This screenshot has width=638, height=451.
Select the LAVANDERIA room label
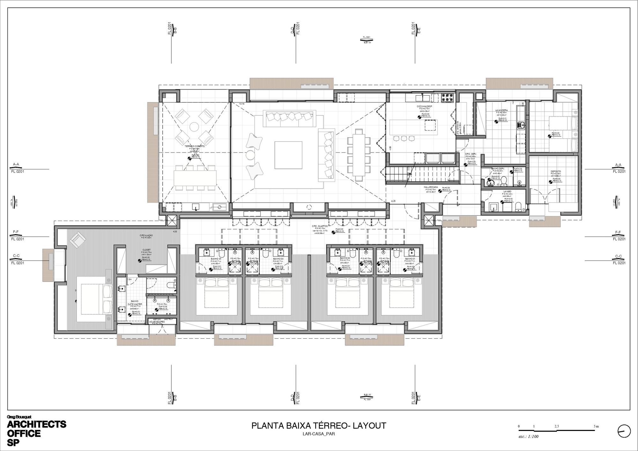(x=501, y=110)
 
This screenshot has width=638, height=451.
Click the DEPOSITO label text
(x=556, y=171)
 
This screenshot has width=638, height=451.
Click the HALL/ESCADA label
(x=431, y=187)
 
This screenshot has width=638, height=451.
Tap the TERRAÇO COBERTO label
(x=195, y=146)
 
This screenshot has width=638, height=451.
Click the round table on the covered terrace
(x=195, y=127)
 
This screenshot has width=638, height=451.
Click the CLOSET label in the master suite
(x=146, y=250)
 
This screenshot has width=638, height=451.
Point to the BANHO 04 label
(x=216, y=259)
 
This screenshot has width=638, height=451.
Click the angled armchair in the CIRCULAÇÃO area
(x=78, y=240)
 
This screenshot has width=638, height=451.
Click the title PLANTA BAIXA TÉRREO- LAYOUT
(x=319, y=426)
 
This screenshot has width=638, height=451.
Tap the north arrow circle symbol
(x=624, y=432)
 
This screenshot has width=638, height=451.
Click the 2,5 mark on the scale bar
(x=556, y=426)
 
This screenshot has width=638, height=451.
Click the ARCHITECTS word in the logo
(x=37, y=425)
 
